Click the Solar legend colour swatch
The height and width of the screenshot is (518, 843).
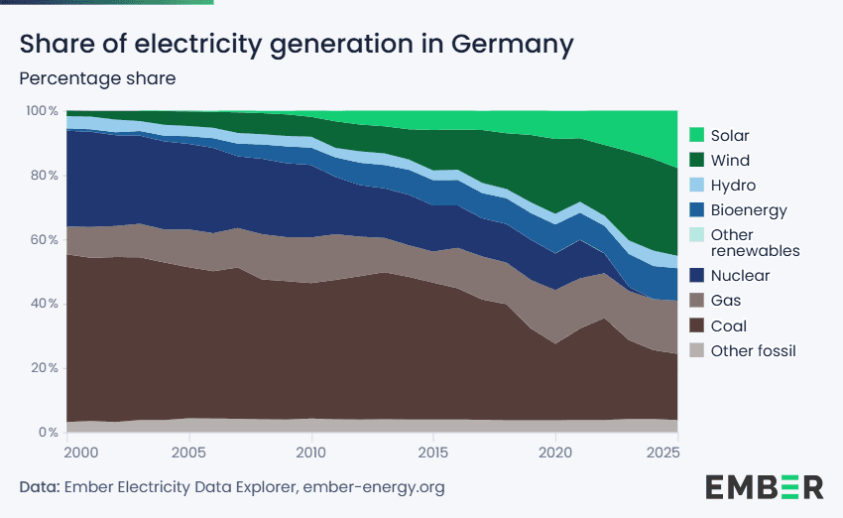tap(696, 135)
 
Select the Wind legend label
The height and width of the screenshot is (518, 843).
tap(730, 160)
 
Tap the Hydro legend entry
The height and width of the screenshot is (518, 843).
tap(733, 186)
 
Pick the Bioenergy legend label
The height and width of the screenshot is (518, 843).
tap(749, 210)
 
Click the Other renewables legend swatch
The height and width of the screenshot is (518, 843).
tap(696, 235)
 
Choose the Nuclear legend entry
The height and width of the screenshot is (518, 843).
tap(741, 275)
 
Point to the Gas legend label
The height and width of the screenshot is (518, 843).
tap(726, 300)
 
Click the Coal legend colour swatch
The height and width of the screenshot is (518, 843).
tap(696, 325)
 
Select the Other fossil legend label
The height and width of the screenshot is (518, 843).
tap(754, 350)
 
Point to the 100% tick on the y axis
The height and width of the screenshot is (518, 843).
tap(43, 110)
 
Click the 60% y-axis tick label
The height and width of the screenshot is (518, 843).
tap(46, 239)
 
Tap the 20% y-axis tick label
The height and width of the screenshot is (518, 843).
tap(46, 368)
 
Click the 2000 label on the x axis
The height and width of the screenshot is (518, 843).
tap(81, 453)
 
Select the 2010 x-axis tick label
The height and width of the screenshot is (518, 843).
tap(311, 453)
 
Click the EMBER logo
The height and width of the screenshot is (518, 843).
tap(764, 486)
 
